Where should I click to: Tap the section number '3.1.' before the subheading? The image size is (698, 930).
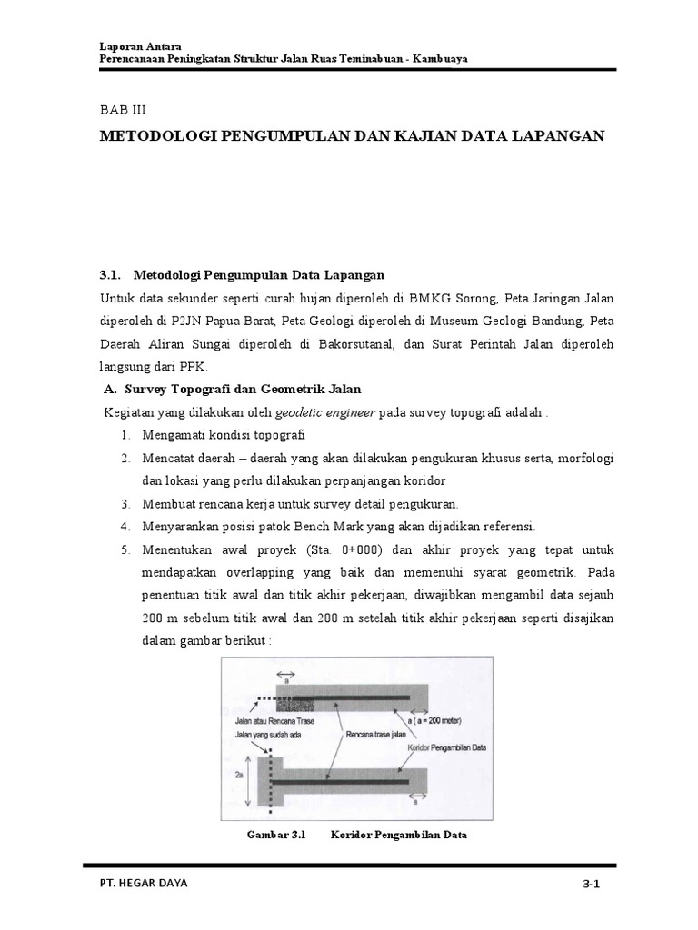click(x=110, y=273)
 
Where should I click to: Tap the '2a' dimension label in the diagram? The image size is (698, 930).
click(x=238, y=777)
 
